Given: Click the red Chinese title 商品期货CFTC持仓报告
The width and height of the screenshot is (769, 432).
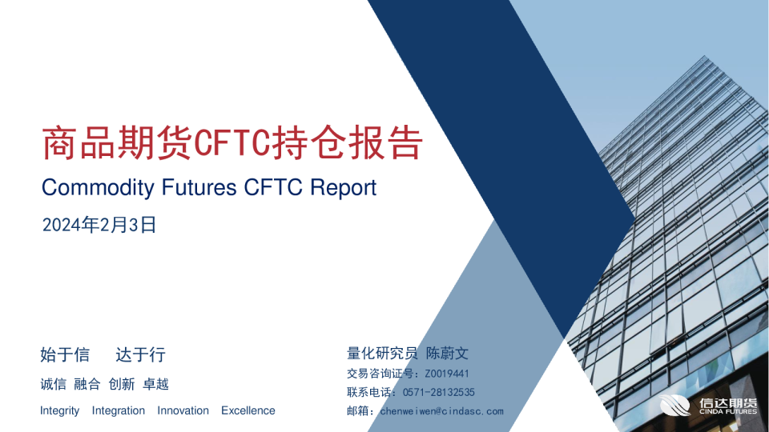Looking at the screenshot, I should (x=232, y=144).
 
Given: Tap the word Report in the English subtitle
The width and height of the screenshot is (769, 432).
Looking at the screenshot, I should (x=343, y=188).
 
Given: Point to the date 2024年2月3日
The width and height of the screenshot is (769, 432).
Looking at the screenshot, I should (x=99, y=226).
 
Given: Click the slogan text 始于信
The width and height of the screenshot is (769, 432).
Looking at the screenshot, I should (x=65, y=354).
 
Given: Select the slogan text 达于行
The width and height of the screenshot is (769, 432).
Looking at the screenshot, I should (x=141, y=354).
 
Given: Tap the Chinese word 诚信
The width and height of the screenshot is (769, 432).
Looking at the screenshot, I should (x=53, y=384).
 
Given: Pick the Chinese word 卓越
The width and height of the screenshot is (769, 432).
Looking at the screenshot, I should (x=155, y=384).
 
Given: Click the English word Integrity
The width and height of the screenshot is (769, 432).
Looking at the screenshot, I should (x=60, y=410).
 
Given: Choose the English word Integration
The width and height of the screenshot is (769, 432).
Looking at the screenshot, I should (x=119, y=410).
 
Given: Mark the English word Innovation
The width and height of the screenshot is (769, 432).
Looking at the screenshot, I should (x=183, y=410).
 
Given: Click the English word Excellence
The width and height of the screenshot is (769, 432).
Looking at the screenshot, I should (x=248, y=410).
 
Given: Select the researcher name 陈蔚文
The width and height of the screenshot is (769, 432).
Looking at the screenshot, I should (x=447, y=353).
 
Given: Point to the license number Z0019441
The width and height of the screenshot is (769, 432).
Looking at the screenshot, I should (x=447, y=374).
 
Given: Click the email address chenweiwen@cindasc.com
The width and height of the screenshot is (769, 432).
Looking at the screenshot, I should (x=441, y=411).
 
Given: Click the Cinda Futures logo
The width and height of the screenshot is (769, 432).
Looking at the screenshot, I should (x=709, y=406).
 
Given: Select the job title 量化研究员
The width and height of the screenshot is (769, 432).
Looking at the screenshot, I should (x=382, y=353).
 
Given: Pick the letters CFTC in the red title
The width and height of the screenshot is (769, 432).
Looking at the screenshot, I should (x=232, y=144).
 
